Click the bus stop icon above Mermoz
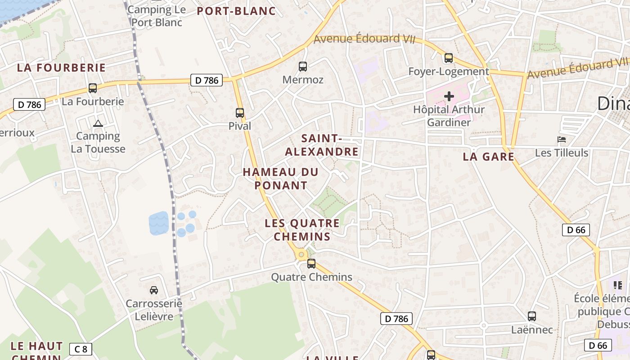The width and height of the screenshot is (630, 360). pyautogui.click(x=303, y=67)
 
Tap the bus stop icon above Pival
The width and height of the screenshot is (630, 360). pyautogui.click(x=240, y=113)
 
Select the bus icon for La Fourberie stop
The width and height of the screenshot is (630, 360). pyautogui.click(x=93, y=88)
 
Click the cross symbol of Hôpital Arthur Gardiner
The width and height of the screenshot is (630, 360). pyautogui.click(x=449, y=96)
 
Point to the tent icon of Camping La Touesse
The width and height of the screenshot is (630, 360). pyautogui.click(x=98, y=123)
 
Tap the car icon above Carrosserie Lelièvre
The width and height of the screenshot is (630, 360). pyautogui.click(x=154, y=290)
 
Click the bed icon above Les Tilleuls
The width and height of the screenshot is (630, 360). pyautogui.click(x=561, y=139)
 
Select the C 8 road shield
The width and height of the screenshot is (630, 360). pyautogui.click(x=81, y=349)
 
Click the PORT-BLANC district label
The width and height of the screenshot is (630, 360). pyautogui.click(x=236, y=11)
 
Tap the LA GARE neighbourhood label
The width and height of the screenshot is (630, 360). pyautogui.click(x=488, y=157)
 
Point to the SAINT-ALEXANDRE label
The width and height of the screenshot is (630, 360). pyautogui.click(x=322, y=145)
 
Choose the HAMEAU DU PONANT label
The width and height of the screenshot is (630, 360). pyautogui.click(x=281, y=179)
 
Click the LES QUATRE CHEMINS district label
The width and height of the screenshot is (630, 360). pyautogui.click(x=302, y=229)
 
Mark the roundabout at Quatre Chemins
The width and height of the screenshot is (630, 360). pyautogui.click(x=301, y=255)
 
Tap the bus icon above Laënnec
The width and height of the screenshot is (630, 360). pyautogui.click(x=532, y=316)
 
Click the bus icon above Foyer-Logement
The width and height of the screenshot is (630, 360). pyautogui.click(x=449, y=58)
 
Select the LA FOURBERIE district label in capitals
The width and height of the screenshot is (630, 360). pyautogui.click(x=61, y=68)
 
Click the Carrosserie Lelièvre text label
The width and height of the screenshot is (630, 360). pyautogui.click(x=154, y=310)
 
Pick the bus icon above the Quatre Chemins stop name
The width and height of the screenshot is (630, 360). pyautogui.click(x=311, y=264)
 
